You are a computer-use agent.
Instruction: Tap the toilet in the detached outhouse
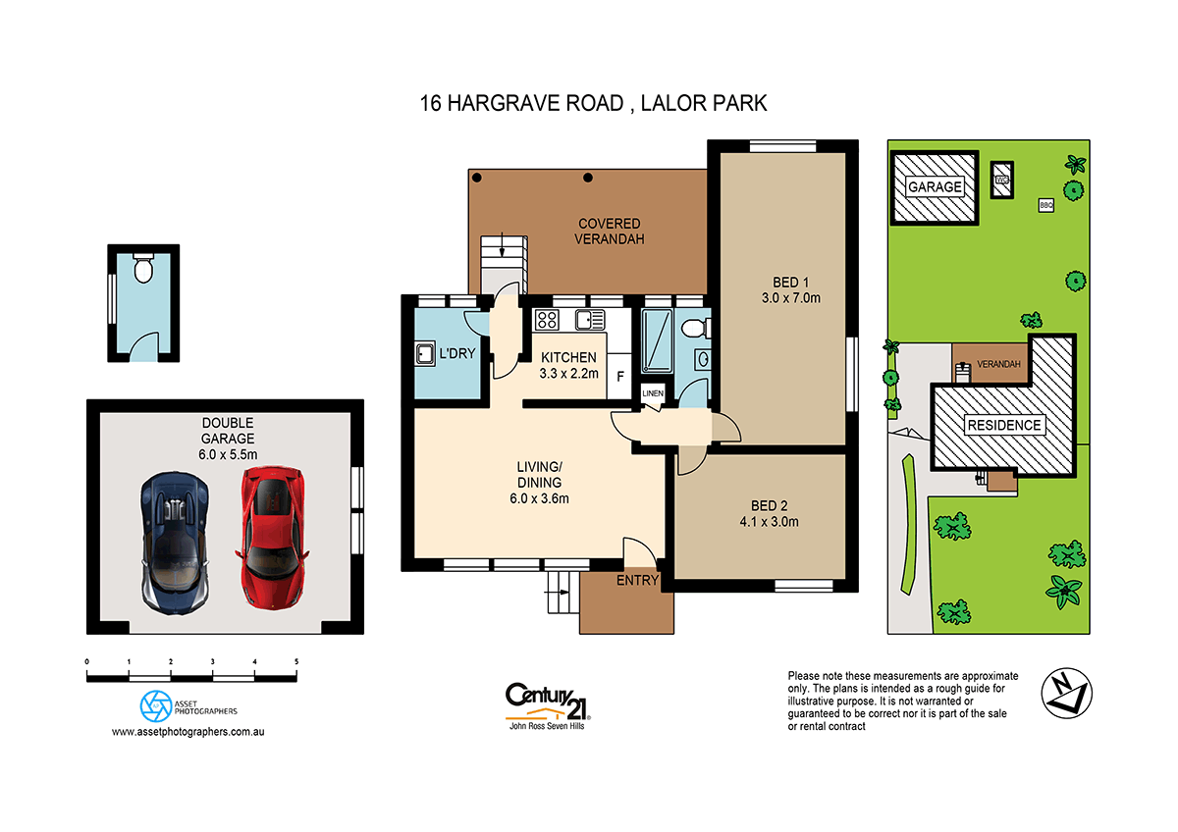pyautogui.click(x=143, y=269)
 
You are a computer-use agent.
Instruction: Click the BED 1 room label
pyautogui.click(x=790, y=282)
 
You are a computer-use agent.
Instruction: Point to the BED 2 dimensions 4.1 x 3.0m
pyautogui.click(x=769, y=522)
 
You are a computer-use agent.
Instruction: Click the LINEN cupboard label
pyautogui.click(x=653, y=393)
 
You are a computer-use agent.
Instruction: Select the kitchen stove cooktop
pyautogui.click(x=546, y=319)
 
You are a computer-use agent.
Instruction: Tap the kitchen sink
pyautogui.click(x=590, y=318)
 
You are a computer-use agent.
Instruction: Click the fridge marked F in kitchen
pyautogui.click(x=618, y=376)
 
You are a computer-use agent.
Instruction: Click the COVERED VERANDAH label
pyautogui.click(x=609, y=232)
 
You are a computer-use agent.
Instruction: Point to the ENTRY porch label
pyautogui.click(x=637, y=582)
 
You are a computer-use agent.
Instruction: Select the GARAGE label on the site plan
pyautogui.click(x=935, y=186)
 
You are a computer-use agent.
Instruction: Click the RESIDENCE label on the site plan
pyautogui.click(x=1003, y=426)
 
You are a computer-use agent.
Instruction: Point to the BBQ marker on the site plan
pyautogui.click(x=1045, y=205)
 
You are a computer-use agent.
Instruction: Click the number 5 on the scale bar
pyautogui.click(x=296, y=662)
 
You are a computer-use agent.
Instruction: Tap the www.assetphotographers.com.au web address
pyautogui.click(x=190, y=732)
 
